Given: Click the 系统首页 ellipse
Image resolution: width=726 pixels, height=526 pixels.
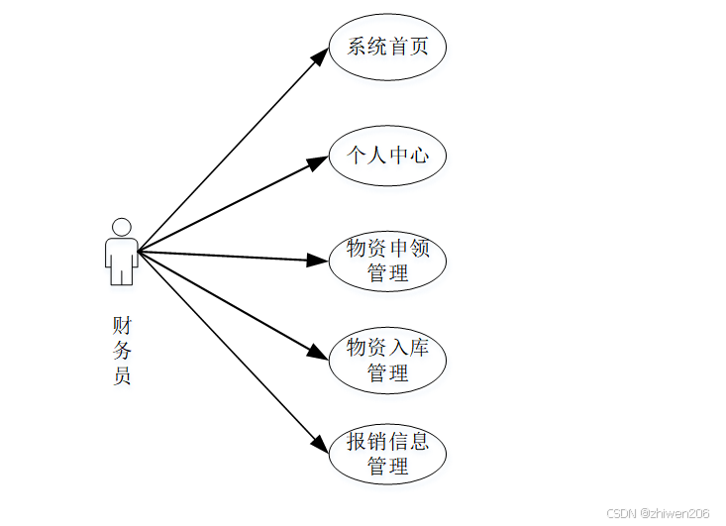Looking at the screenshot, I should click(x=387, y=47).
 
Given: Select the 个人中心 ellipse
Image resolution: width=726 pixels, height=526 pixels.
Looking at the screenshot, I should click(x=387, y=155).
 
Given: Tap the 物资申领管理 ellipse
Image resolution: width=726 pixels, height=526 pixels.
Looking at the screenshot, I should click(x=387, y=261).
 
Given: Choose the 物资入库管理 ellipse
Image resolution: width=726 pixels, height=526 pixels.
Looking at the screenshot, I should click(x=387, y=360).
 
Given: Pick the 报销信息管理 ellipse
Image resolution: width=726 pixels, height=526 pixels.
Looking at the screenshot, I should click(x=387, y=455).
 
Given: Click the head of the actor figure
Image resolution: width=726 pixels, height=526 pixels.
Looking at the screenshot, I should click(x=122, y=226).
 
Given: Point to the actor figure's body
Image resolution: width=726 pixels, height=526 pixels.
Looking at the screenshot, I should click(x=122, y=259).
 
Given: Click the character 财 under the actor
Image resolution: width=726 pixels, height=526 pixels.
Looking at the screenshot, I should click(x=122, y=325).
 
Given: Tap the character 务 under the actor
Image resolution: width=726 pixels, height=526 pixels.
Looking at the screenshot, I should click(x=122, y=350).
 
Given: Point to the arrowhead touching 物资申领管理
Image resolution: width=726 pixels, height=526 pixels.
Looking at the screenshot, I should click(x=318, y=261).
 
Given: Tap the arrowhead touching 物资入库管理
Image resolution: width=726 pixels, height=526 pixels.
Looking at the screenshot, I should click(x=318, y=353).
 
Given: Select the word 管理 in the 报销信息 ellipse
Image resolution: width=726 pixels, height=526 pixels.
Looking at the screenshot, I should click(x=387, y=467).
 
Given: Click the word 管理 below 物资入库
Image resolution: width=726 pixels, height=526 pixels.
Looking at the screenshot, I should click(x=387, y=372).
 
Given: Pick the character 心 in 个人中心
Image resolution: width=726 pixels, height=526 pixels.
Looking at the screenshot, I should click(x=419, y=155).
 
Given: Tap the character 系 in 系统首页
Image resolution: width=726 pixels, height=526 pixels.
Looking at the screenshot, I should click(x=357, y=46).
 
